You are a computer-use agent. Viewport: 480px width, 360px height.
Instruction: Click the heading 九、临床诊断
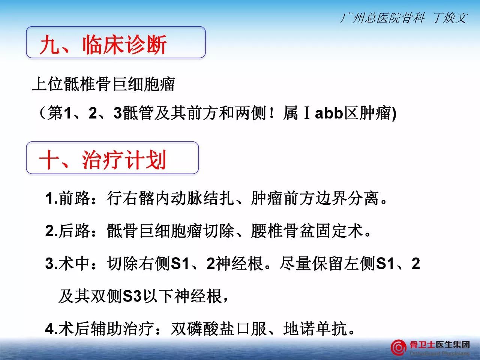tap(103, 44)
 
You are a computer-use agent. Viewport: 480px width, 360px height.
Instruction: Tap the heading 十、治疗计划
tap(102, 160)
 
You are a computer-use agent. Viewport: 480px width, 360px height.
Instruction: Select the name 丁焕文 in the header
tap(450, 18)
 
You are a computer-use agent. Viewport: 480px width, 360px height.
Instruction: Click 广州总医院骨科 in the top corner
tap(382, 18)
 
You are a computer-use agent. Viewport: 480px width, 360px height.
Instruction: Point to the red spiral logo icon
tap(398, 347)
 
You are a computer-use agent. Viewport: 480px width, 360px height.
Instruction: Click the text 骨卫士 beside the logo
tap(422, 345)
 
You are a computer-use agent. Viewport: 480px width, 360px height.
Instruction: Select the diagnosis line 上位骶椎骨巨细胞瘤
tap(103, 84)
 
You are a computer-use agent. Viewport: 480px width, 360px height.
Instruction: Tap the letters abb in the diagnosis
tap(328, 113)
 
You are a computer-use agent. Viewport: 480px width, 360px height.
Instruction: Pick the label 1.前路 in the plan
tap(67, 198)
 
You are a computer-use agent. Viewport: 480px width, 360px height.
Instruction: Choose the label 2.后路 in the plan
tap(67, 231)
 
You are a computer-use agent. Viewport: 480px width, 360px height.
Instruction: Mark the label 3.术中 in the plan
tap(67, 263)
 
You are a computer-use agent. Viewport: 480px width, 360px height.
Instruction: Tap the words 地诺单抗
tap(315, 328)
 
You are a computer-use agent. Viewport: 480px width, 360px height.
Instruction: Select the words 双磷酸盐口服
tap(219, 328)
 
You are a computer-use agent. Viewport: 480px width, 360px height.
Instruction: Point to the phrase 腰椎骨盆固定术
tap(307, 231)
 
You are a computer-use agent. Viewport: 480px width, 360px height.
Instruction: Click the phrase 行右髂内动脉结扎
tap(171, 198)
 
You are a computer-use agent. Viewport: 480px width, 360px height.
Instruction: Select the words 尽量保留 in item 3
tap(311, 263)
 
